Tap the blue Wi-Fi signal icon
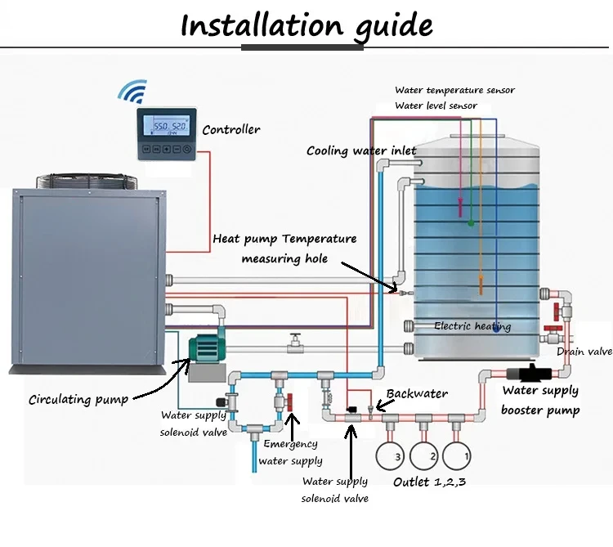(134, 91)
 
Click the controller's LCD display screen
(167, 128)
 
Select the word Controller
(231, 129)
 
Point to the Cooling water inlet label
(361, 150)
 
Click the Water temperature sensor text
(454, 90)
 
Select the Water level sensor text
(436, 105)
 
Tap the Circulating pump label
(78, 400)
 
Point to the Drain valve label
(584, 352)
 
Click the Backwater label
(417, 394)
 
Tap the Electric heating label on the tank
(472, 326)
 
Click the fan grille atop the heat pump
(86, 176)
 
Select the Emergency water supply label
(290, 452)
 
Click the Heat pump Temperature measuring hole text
(284, 249)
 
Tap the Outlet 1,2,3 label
(430, 482)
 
